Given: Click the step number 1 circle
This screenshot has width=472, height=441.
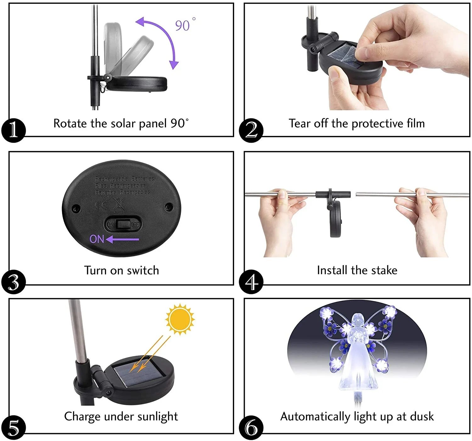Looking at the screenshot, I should point(13,130).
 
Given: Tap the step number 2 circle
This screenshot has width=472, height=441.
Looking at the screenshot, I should point(251,130).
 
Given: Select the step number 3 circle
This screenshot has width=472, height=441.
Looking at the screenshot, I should point(13,282).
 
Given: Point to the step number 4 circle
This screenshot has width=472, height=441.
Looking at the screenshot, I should point(251,282).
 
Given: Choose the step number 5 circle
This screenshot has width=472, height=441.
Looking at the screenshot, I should point(13,428).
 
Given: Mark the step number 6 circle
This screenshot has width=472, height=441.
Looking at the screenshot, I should point(251,428).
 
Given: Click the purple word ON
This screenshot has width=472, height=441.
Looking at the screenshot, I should point(97,239).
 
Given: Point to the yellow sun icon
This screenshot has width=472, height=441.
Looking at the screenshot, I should point(180,319).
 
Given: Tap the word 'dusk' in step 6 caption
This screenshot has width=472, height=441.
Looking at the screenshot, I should point(422,416).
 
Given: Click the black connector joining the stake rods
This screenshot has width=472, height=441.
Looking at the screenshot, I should point(333,195).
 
